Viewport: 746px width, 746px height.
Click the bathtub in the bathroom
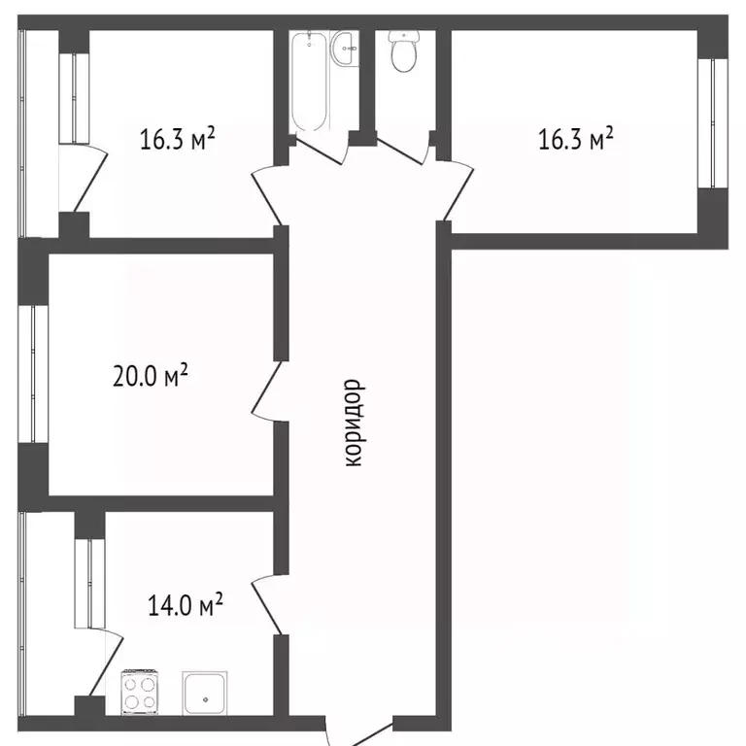point(309,81)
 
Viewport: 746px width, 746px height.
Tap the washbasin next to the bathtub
point(343,48)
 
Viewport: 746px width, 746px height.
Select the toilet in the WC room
point(404,51)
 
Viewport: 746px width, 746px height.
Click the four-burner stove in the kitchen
point(140,693)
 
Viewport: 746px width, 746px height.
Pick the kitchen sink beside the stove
point(205,694)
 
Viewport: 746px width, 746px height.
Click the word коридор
point(355,423)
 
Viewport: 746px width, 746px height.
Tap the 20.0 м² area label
point(151,375)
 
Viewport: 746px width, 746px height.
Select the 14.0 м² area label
point(186,605)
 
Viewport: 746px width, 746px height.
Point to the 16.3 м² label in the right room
point(576,139)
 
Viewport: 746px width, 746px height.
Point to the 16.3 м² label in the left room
point(178,139)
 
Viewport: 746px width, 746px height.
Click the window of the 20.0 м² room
point(33,373)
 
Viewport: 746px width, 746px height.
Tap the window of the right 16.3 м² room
point(713,123)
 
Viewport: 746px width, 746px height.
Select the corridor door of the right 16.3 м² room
point(456,190)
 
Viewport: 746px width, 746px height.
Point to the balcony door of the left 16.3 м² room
point(89,178)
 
